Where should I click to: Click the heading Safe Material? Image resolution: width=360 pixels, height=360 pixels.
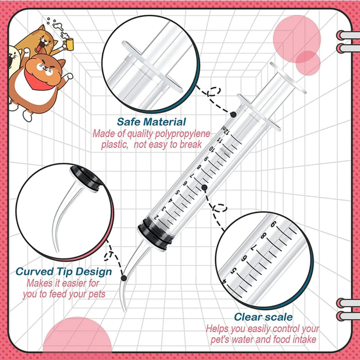click(x=151, y=122)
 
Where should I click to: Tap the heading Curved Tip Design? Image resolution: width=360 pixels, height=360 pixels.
click(x=64, y=271)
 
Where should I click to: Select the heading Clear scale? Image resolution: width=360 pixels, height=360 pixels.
click(x=263, y=317)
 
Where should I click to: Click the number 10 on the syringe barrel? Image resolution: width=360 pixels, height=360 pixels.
click(x=212, y=150)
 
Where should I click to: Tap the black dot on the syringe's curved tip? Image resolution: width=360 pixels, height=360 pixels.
click(x=124, y=278)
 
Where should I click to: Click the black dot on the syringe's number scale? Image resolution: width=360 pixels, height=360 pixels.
click(x=204, y=187)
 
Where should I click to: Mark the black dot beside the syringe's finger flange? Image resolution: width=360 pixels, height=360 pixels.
click(x=233, y=114)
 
